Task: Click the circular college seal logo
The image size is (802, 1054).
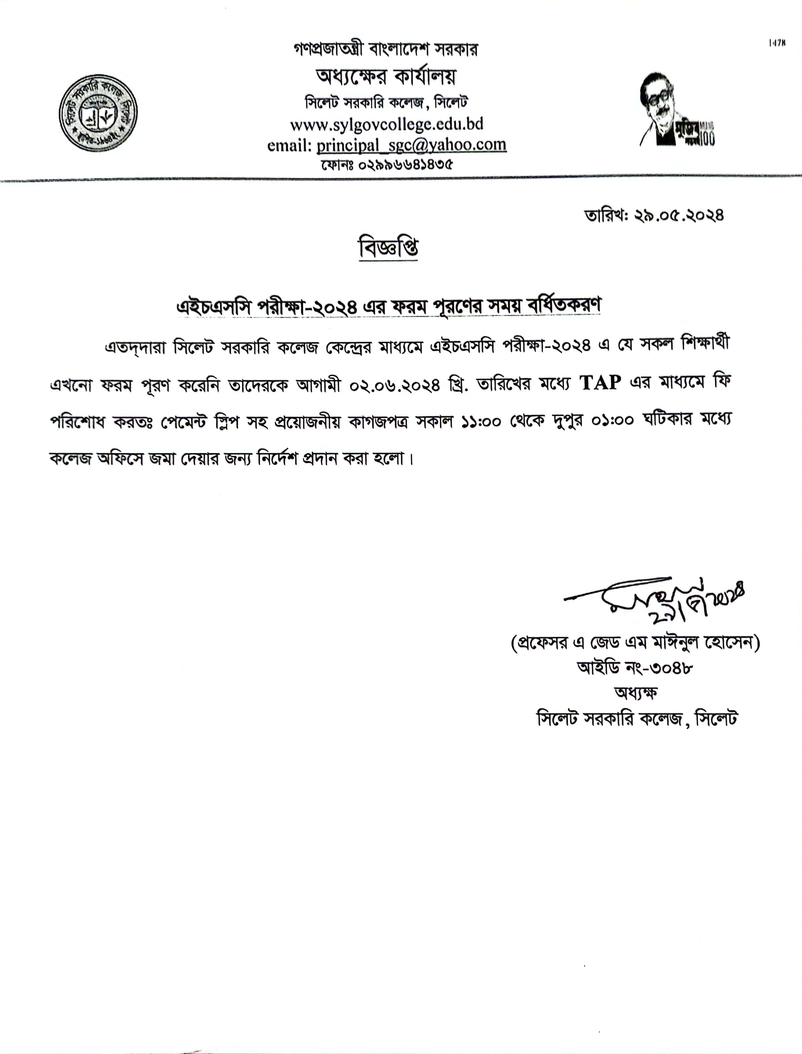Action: [x=98, y=113]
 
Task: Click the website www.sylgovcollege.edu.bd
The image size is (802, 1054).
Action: [x=387, y=124]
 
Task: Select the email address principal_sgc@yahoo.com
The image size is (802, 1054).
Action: [x=411, y=145]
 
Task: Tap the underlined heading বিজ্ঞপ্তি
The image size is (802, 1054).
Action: [x=388, y=248]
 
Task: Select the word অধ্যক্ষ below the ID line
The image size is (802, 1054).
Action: [x=636, y=693]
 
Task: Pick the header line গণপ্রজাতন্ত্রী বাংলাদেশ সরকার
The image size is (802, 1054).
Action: [x=386, y=49]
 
